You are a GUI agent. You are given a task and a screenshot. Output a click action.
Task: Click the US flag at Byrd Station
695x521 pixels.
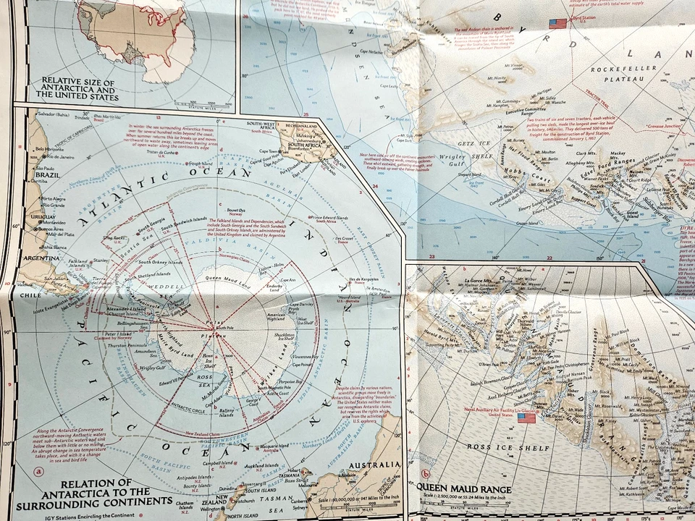pyautogui.click(x=557, y=24)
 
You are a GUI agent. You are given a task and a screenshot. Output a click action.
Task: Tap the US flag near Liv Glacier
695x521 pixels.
pyautogui.click(x=526, y=418)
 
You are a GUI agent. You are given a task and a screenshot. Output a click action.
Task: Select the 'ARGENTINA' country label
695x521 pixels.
pyautogui.click(x=43, y=258)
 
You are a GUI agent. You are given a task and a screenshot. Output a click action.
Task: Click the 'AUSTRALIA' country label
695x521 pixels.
pyautogui.click(x=374, y=465)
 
